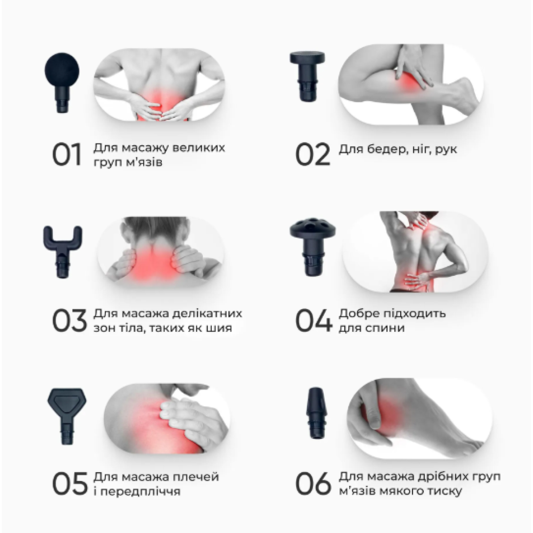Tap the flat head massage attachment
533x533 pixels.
pyautogui.click(x=307, y=75)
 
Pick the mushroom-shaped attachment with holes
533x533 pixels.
pyautogui.click(x=313, y=247)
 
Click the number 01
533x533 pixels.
pyautogui.click(x=67, y=155)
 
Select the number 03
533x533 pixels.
pyautogui.click(x=69, y=321)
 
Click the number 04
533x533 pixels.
pyautogui.click(x=314, y=321)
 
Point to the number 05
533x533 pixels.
pyautogui.click(x=70, y=484)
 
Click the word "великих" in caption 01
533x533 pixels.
pyautogui.click(x=198, y=148)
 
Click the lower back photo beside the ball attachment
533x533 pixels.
pyautogui.click(x=159, y=85)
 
